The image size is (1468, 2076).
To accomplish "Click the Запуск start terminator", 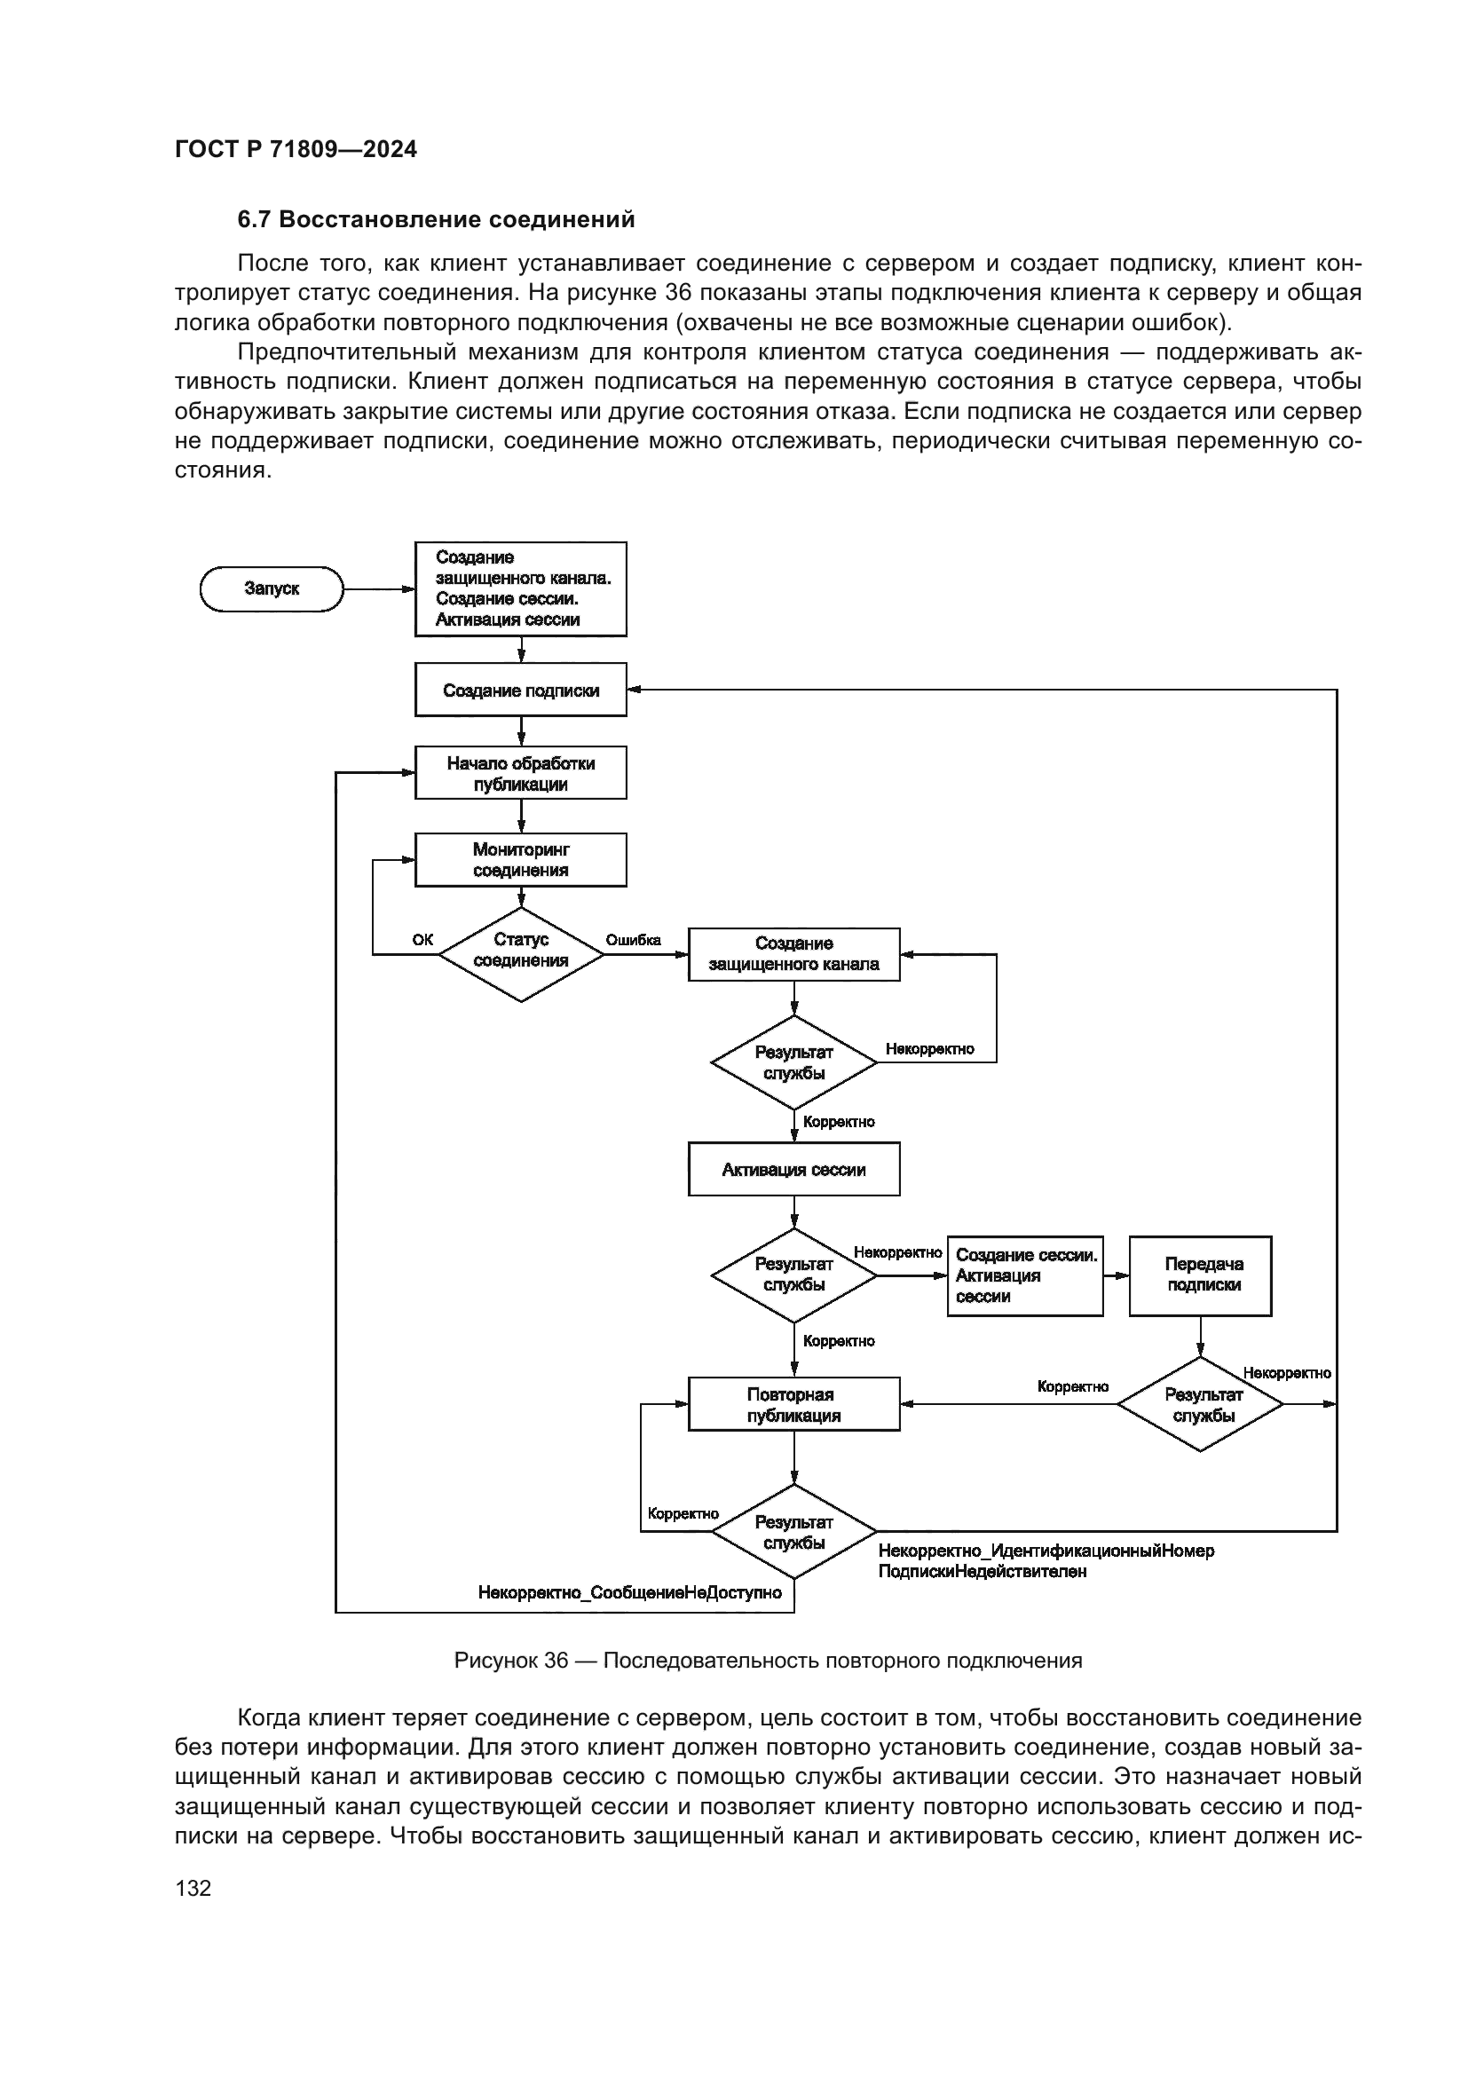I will pos(272,588).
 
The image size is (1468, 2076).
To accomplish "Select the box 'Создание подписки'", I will pos(520,690).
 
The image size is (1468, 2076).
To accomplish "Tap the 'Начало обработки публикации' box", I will pos(520,773).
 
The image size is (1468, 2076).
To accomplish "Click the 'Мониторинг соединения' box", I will pos(520,860).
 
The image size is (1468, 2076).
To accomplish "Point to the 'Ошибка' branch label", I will pos(633,940).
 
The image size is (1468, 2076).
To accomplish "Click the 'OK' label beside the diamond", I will pos(422,940).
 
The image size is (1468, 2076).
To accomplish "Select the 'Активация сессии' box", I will pos(793,1169).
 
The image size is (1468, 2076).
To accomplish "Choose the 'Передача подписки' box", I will pos(1201,1275).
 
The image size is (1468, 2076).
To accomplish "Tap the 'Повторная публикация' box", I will pos(793,1404).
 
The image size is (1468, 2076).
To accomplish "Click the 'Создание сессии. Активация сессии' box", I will pos(1025,1275).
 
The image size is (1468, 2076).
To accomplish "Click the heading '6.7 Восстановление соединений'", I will pos(436,220).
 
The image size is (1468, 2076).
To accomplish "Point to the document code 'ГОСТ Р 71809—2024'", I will pos(296,149).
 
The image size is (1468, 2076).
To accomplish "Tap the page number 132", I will pos(193,1888).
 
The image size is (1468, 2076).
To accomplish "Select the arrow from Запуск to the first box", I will pos(379,589).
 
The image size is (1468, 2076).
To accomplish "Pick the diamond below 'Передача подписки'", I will pos(1201,1404).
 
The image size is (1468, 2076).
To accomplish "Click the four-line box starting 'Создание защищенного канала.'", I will pos(520,588).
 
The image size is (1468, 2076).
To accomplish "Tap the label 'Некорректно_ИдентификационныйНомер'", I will pos(1046,1551).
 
